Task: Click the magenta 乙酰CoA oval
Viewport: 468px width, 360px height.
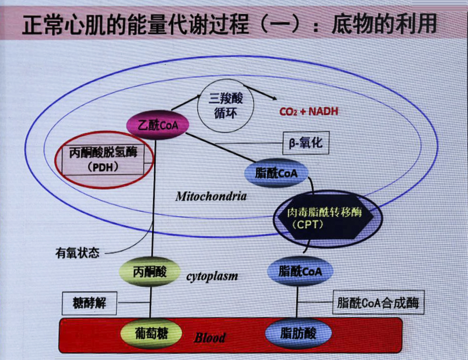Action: pyautogui.click(x=158, y=125)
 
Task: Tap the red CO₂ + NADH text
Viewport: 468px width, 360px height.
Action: pyautogui.click(x=309, y=112)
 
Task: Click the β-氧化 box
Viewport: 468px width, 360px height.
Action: pyautogui.click(x=306, y=143)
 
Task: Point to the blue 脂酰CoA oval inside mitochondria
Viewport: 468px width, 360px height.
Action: pyautogui.click(x=276, y=173)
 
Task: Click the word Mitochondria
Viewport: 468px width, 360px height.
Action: pyautogui.click(x=211, y=196)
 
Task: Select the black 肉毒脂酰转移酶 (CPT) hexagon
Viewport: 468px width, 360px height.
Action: pyautogui.click(x=325, y=217)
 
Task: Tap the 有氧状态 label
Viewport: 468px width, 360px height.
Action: pyautogui.click(x=77, y=253)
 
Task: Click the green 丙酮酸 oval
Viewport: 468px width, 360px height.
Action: pyautogui.click(x=150, y=271)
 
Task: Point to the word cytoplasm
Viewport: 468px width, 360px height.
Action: pyautogui.click(x=212, y=276)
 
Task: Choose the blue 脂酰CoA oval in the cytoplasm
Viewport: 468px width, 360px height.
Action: pyautogui.click(x=300, y=271)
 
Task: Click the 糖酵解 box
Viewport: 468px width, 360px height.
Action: pyautogui.click(x=89, y=303)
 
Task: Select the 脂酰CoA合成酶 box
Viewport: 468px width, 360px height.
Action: pyautogui.click(x=378, y=302)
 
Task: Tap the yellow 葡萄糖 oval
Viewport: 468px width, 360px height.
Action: pyautogui.click(x=152, y=334)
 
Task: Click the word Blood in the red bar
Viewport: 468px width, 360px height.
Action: pyautogui.click(x=210, y=338)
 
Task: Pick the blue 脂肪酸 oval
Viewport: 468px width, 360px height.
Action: pyautogui.click(x=298, y=334)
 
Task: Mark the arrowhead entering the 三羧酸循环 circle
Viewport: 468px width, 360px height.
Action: pyautogui.click(x=198, y=97)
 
